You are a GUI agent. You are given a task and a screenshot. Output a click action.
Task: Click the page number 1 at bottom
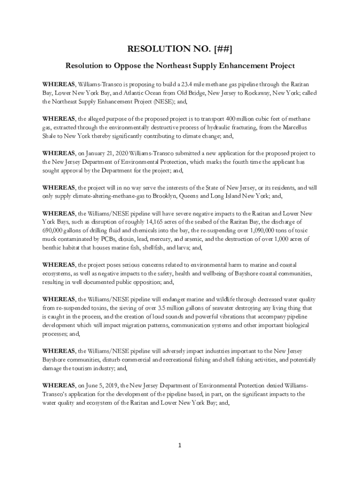click(180, 445)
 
